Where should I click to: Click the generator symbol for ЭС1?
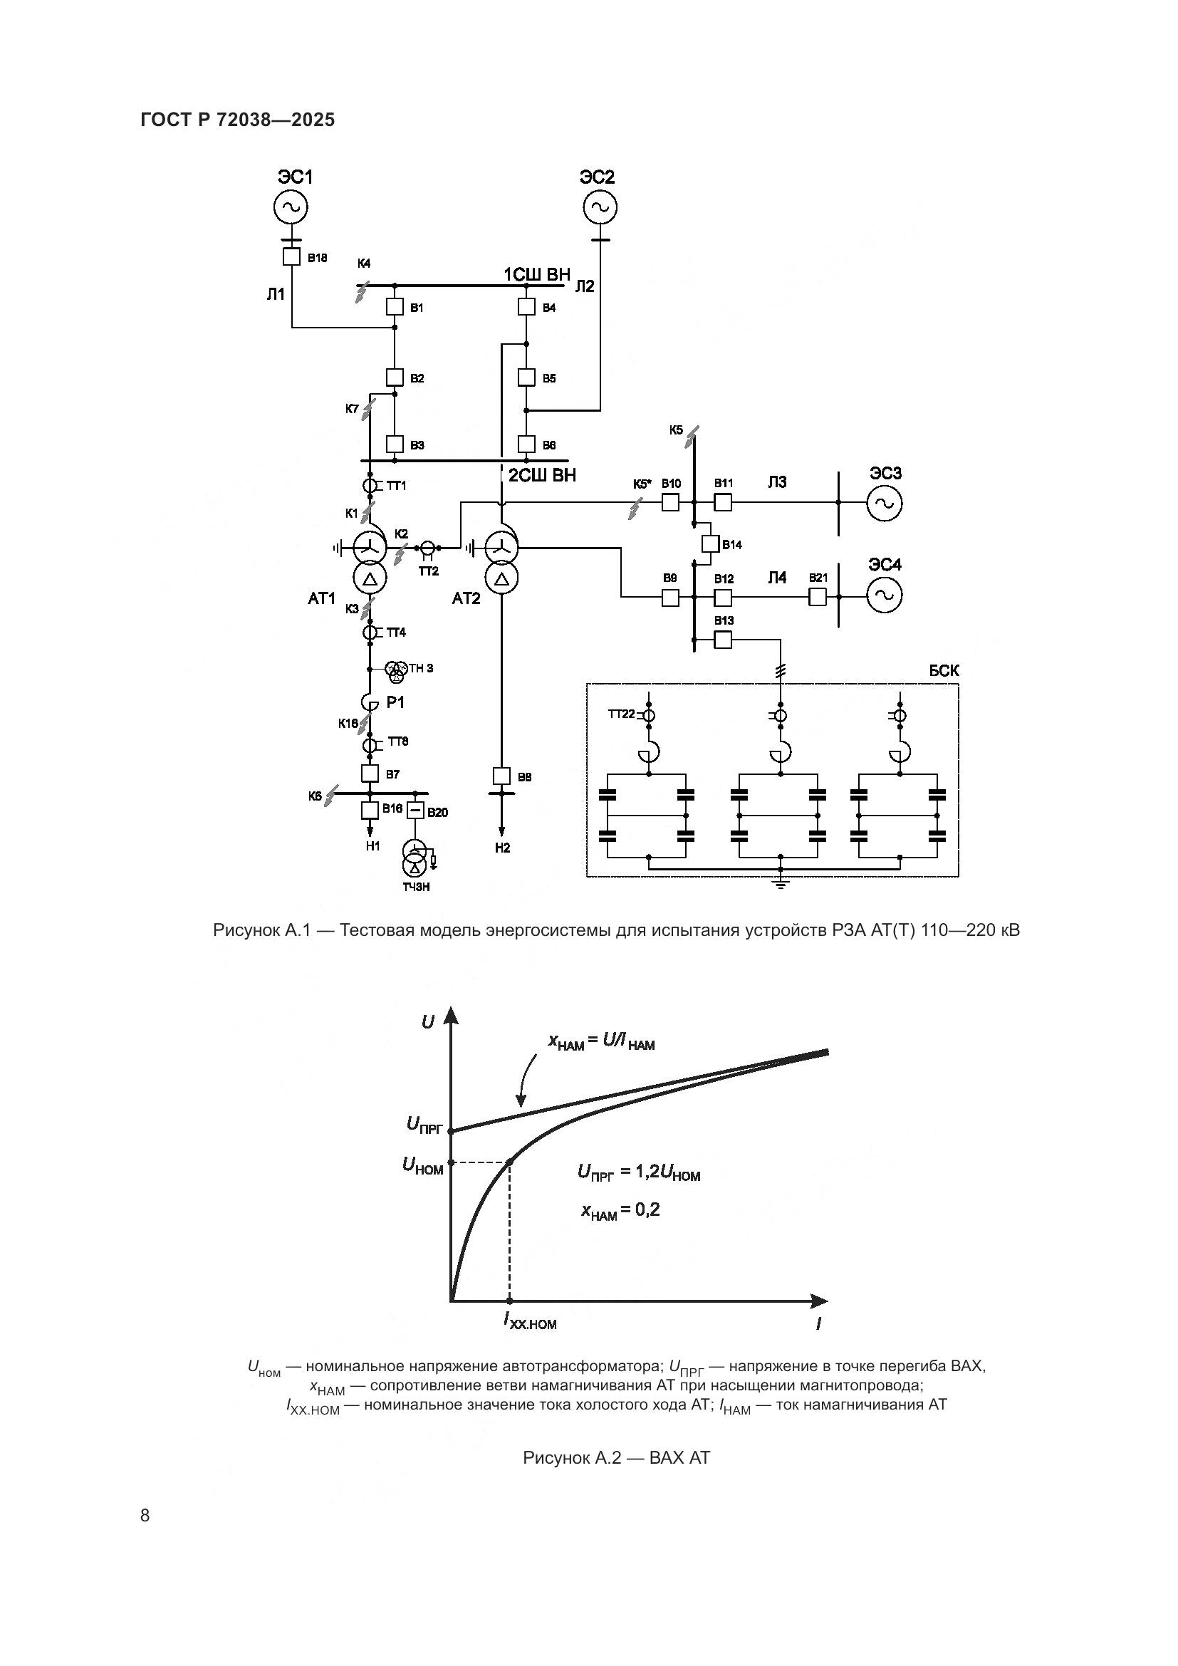[x=291, y=207]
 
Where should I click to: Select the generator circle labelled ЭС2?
[x=600, y=207]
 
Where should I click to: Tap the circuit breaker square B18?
[x=291, y=257]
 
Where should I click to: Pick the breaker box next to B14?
[x=710, y=543]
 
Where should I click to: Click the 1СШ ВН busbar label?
[x=537, y=274]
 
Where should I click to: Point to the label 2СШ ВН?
[x=542, y=476]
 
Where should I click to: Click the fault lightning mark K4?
[x=363, y=292]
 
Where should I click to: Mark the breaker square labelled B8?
[x=501, y=776]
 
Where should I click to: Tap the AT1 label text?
[x=321, y=598]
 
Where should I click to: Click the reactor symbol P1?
[x=370, y=702]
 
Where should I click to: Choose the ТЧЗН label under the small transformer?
[x=417, y=887]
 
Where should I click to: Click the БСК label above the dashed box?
[x=944, y=671]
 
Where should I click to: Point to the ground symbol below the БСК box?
[x=781, y=883]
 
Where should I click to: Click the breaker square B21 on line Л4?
[x=818, y=597]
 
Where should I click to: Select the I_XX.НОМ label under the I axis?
[x=531, y=1321]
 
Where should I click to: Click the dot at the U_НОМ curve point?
[x=510, y=1162]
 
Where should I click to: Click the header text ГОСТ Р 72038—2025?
[x=238, y=120]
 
